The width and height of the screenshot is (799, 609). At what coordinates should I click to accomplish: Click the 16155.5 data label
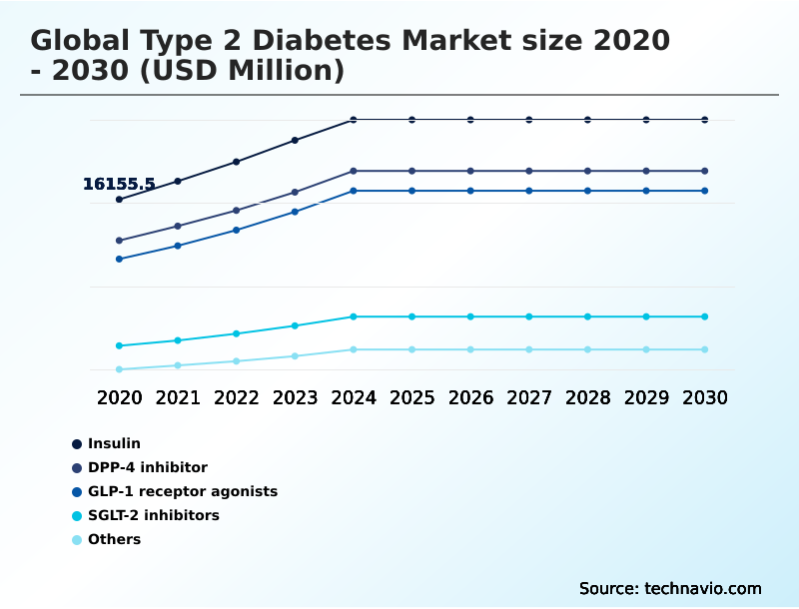[119, 185]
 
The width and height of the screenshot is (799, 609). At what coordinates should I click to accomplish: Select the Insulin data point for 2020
[119, 200]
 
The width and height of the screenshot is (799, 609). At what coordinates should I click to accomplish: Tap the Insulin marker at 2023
[295, 140]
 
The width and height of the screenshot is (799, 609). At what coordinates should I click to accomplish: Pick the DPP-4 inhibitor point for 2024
[354, 171]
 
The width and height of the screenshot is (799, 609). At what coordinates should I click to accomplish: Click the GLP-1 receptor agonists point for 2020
[119, 259]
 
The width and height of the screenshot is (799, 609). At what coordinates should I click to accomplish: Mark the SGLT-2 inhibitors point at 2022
[237, 333]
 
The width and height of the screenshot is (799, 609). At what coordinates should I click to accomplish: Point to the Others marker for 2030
[704, 349]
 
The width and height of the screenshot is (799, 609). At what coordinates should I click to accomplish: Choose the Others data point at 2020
[119, 369]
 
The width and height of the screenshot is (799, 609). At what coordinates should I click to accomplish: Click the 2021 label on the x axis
[178, 397]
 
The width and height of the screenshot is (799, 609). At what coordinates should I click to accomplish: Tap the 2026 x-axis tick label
[470, 397]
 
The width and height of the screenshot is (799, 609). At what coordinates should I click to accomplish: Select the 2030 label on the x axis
[704, 397]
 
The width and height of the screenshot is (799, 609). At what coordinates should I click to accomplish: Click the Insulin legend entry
[114, 443]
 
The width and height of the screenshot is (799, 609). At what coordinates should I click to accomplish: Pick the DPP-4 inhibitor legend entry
[147, 467]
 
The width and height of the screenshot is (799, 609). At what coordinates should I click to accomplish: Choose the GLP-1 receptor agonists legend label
[182, 491]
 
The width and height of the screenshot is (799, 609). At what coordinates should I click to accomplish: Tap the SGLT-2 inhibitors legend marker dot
[76, 516]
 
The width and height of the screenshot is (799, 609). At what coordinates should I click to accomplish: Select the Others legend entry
[114, 540]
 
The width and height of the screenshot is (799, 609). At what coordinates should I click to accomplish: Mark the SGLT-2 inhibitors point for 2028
[587, 316]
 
